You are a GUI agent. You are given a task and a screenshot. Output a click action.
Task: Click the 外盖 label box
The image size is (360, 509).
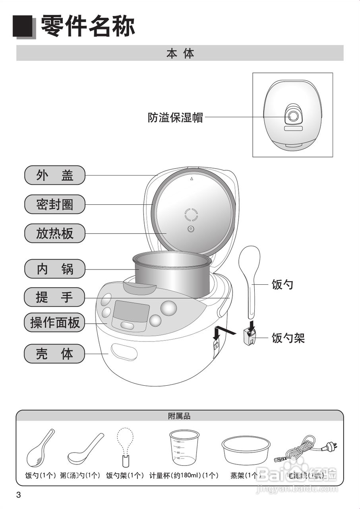55,175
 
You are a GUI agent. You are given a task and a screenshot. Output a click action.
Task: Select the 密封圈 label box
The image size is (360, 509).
55,204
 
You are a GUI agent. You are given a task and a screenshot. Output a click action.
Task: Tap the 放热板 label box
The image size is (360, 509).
55,233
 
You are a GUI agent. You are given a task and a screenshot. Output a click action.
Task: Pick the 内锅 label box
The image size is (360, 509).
55,269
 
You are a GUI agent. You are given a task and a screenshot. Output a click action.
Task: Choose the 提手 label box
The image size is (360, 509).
55,297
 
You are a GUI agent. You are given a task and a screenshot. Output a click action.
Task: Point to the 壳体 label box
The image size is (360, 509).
55,354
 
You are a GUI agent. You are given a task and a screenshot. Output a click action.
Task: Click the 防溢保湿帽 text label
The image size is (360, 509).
175,118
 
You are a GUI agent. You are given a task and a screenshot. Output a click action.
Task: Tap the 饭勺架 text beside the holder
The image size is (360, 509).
288,338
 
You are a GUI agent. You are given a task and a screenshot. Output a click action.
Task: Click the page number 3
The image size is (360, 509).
18,495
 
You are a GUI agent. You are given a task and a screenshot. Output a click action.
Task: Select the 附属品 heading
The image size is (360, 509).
180,416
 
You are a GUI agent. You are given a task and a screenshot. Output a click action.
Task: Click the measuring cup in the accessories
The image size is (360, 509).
184,447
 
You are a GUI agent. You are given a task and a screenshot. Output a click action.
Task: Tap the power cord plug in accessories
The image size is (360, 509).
329,447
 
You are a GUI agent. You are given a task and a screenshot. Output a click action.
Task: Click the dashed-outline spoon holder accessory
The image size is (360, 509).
127,447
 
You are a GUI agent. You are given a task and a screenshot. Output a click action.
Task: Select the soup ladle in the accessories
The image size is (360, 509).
85,449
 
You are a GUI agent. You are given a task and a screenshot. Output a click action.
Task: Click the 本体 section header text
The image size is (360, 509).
180,53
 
